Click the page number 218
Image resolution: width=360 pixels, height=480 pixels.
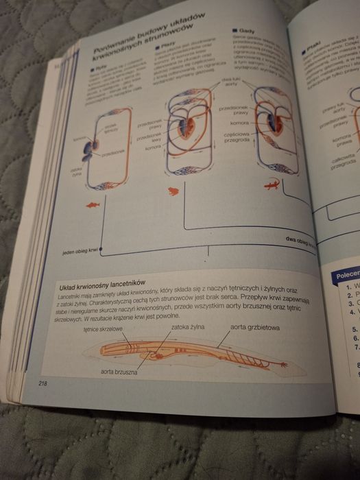pyautogui.click(x=43, y=383)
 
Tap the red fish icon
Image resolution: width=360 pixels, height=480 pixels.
pyautogui.click(x=93, y=204)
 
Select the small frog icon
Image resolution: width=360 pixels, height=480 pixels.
pyautogui.click(x=173, y=189)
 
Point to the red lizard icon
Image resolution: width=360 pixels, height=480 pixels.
pyautogui.click(x=271, y=184)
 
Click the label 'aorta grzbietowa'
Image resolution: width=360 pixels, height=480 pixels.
pyautogui.click(x=254, y=327)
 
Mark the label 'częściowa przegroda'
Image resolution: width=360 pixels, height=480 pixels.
pyautogui.click(x=240, y=139)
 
